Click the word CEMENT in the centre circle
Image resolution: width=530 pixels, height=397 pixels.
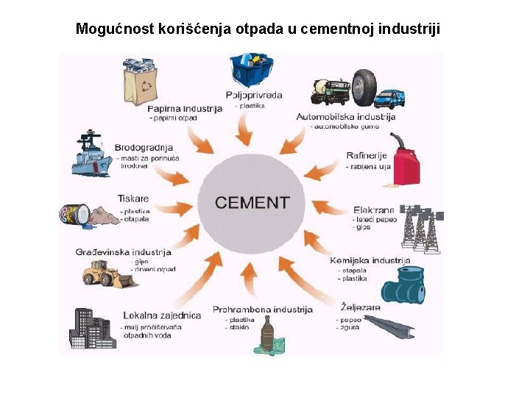pyautogui.click(x=252, y=202)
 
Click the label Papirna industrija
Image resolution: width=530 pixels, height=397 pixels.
pyautogui.click(x=184, y=109)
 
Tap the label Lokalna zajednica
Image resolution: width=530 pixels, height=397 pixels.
pyautogui.click(x=162, y=315)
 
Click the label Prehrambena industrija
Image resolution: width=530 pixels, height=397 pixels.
pyautogui.click(x=263, y=310)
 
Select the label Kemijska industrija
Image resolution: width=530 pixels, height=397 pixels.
pyautogui.click(x=370, y=260)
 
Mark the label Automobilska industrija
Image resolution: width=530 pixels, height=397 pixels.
pyautogui.click(x=345, y=116)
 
